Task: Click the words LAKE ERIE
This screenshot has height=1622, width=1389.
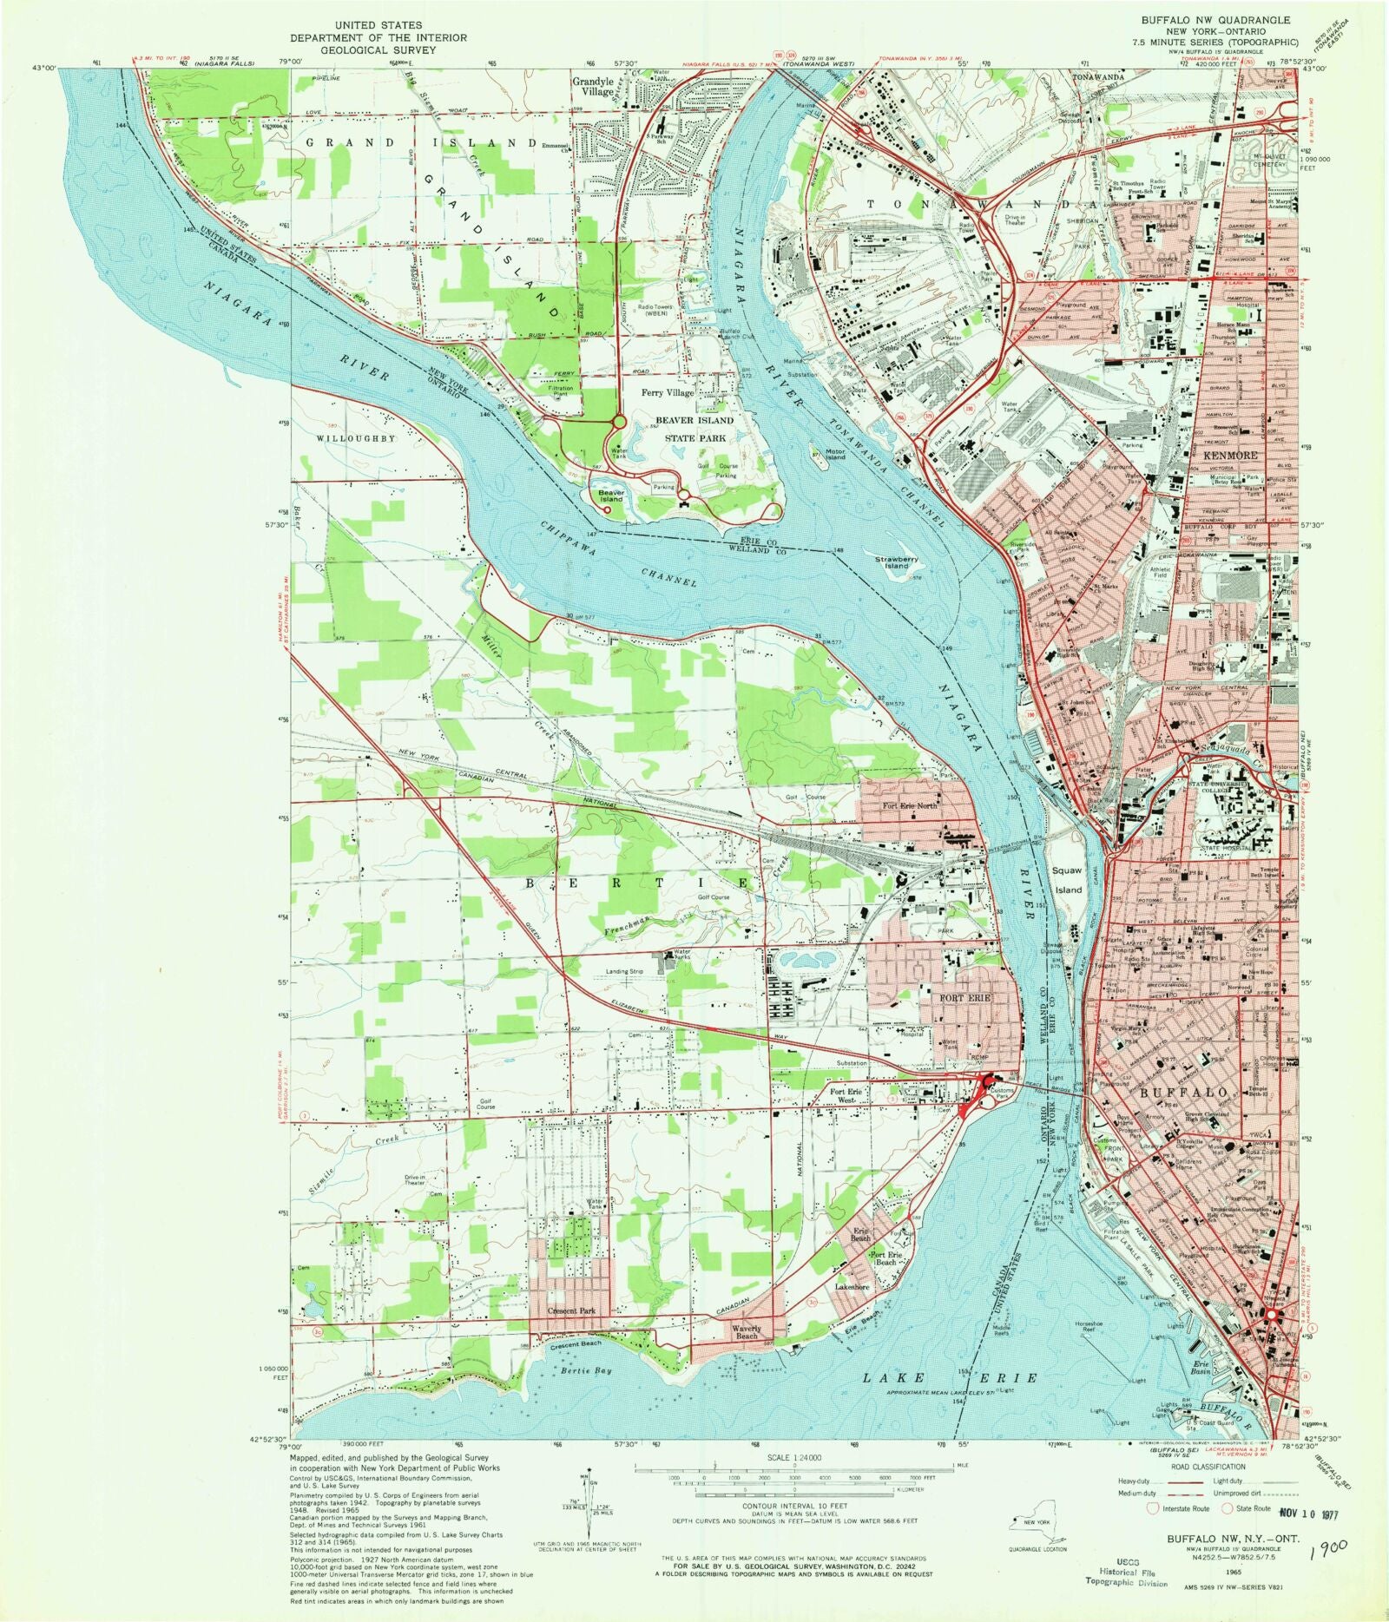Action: (x=951, y=1377)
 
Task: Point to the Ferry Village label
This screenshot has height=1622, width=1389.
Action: (x=668, y=393)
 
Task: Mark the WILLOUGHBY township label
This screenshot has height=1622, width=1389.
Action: (x=356, y=439)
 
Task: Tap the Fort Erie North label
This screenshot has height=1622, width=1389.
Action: (x=911, y=807)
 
